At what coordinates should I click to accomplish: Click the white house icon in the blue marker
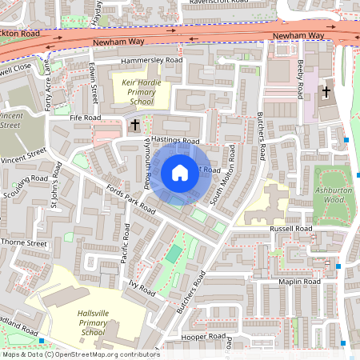click(180, 173)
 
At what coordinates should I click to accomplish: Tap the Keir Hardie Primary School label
click(142, 92)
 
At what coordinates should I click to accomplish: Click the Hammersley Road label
click(151, 61)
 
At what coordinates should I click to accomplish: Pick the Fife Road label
click(86, 118)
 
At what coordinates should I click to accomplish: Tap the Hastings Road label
click(174, 141)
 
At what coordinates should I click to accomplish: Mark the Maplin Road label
click(299, 282)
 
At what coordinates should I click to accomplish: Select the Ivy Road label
click(141, 286)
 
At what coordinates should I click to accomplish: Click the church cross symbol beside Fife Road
click(135, 125)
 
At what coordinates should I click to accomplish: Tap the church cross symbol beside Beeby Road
click(326, 92)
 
